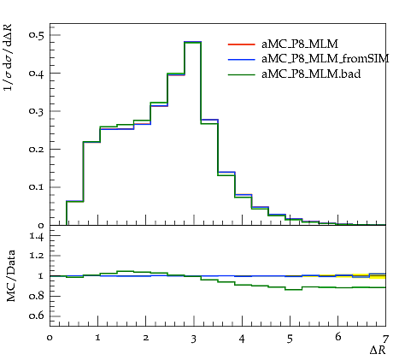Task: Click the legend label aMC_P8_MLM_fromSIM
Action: click(326, 59)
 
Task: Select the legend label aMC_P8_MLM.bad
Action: click(311, 74)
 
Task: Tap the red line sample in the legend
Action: click(241, 44)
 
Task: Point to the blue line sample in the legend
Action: click(241, 59)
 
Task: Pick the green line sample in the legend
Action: click(241, 74)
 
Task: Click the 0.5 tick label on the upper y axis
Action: click(37, 35)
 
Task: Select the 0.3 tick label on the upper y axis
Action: click(37, 111)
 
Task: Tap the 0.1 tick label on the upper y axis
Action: click(37, 187)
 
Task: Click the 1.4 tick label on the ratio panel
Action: click(37, 237)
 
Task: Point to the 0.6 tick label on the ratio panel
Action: click(37, 316)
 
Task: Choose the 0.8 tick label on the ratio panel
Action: click(37, 296)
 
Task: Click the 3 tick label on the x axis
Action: click(194, 339)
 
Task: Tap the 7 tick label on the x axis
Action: click(385, 339)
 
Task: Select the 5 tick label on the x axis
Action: click(290, 339)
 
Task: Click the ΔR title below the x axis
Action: click(378, 350)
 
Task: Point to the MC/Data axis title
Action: click(11, 276)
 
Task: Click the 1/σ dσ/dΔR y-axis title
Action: click(9, 57)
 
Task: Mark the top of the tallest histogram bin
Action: click(193, 42)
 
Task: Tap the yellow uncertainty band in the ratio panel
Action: click(353, 276)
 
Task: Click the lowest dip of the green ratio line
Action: click(294, 290)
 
